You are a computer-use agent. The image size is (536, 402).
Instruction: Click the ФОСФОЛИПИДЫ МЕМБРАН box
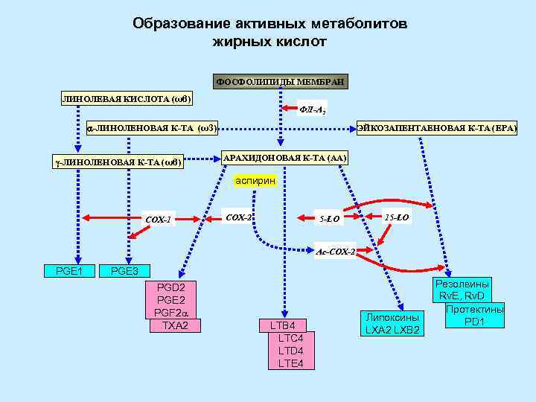pos(279,81)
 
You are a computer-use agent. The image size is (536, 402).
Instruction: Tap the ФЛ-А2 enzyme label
pos(311,111)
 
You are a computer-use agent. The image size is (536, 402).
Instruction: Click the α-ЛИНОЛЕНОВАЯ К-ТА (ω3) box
pos(152,128)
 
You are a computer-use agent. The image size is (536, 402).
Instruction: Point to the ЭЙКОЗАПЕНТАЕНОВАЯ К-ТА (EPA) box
pos(437,128)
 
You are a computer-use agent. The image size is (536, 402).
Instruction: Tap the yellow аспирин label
pos(255,180)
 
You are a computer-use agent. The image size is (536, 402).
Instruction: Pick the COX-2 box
pos(238,217)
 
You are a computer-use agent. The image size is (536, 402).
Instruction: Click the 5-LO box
pos(330,219)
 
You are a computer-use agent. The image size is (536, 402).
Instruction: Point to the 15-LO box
pos(396,217)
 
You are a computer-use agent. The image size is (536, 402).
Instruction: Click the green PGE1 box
pos(69,270)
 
